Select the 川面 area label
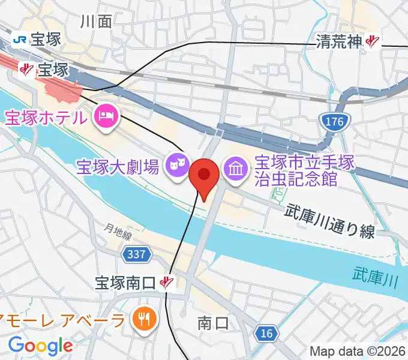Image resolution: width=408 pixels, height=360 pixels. pyautogui.click(x=96, y=22)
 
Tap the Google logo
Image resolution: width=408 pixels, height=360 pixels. pyautogui.click(x=40, y=345)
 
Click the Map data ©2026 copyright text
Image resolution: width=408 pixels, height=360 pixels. pyautogui.click(x=358, y=351)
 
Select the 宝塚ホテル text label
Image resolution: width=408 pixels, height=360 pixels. pyautogui.click(x=46, y=116)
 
